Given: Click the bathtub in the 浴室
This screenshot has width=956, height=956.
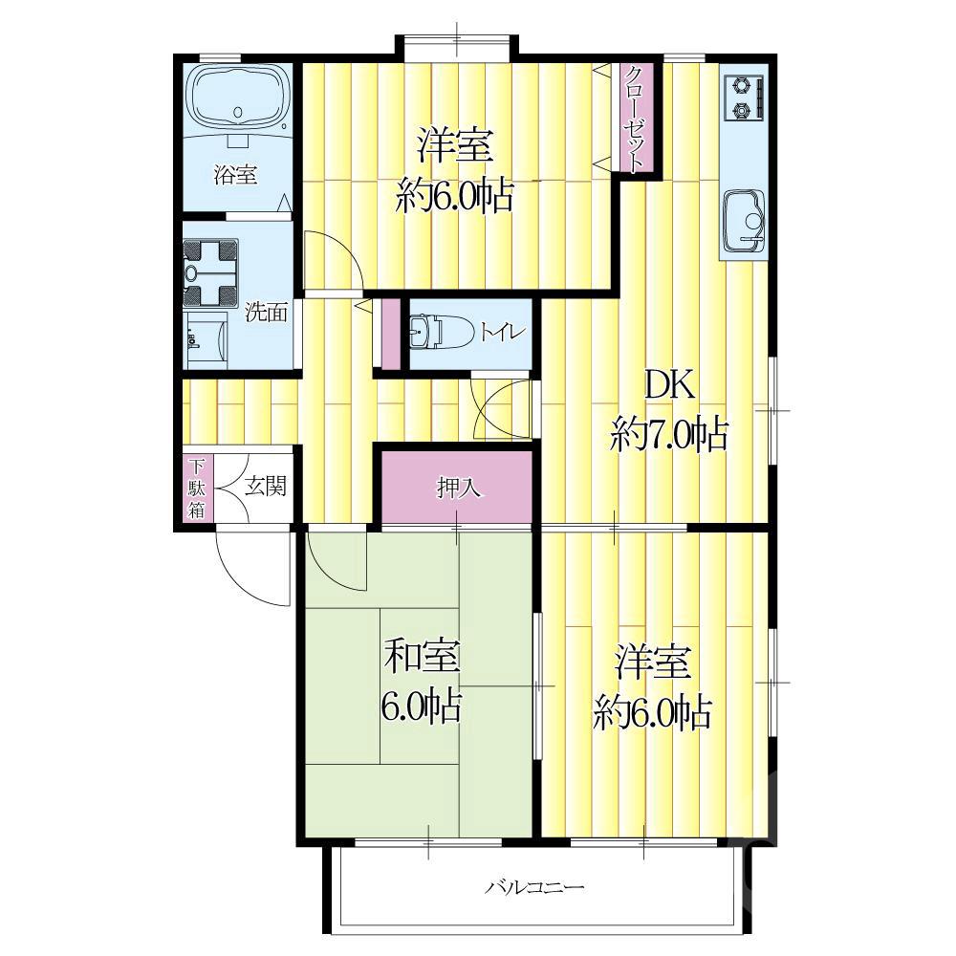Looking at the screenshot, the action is [x=239, y=100].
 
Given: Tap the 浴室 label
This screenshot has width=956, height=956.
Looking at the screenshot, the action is [x=235, y=175].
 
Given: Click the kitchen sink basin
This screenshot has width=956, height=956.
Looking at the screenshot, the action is [x=744, y=220].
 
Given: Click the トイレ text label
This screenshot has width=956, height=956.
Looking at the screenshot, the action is [x=503, y=333].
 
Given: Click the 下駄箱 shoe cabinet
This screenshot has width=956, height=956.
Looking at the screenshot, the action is [x=196, y=489].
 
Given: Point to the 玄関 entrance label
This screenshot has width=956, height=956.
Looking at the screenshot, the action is [x=266, y=486].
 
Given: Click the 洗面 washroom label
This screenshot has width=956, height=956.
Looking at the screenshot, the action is [x=267, y=313].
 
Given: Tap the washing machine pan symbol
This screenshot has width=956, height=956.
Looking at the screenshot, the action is [x=210, y=272].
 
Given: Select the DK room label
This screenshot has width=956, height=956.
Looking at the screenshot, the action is [x=669, y=385].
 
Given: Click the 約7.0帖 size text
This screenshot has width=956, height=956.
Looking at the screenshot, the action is [x=669, y=434].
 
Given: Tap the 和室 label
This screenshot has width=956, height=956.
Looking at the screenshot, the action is [x=422, y=658].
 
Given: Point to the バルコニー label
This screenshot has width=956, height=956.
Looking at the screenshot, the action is [x=534, y=887].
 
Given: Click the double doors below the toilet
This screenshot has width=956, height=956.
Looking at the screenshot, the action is [x=503, y=407].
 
